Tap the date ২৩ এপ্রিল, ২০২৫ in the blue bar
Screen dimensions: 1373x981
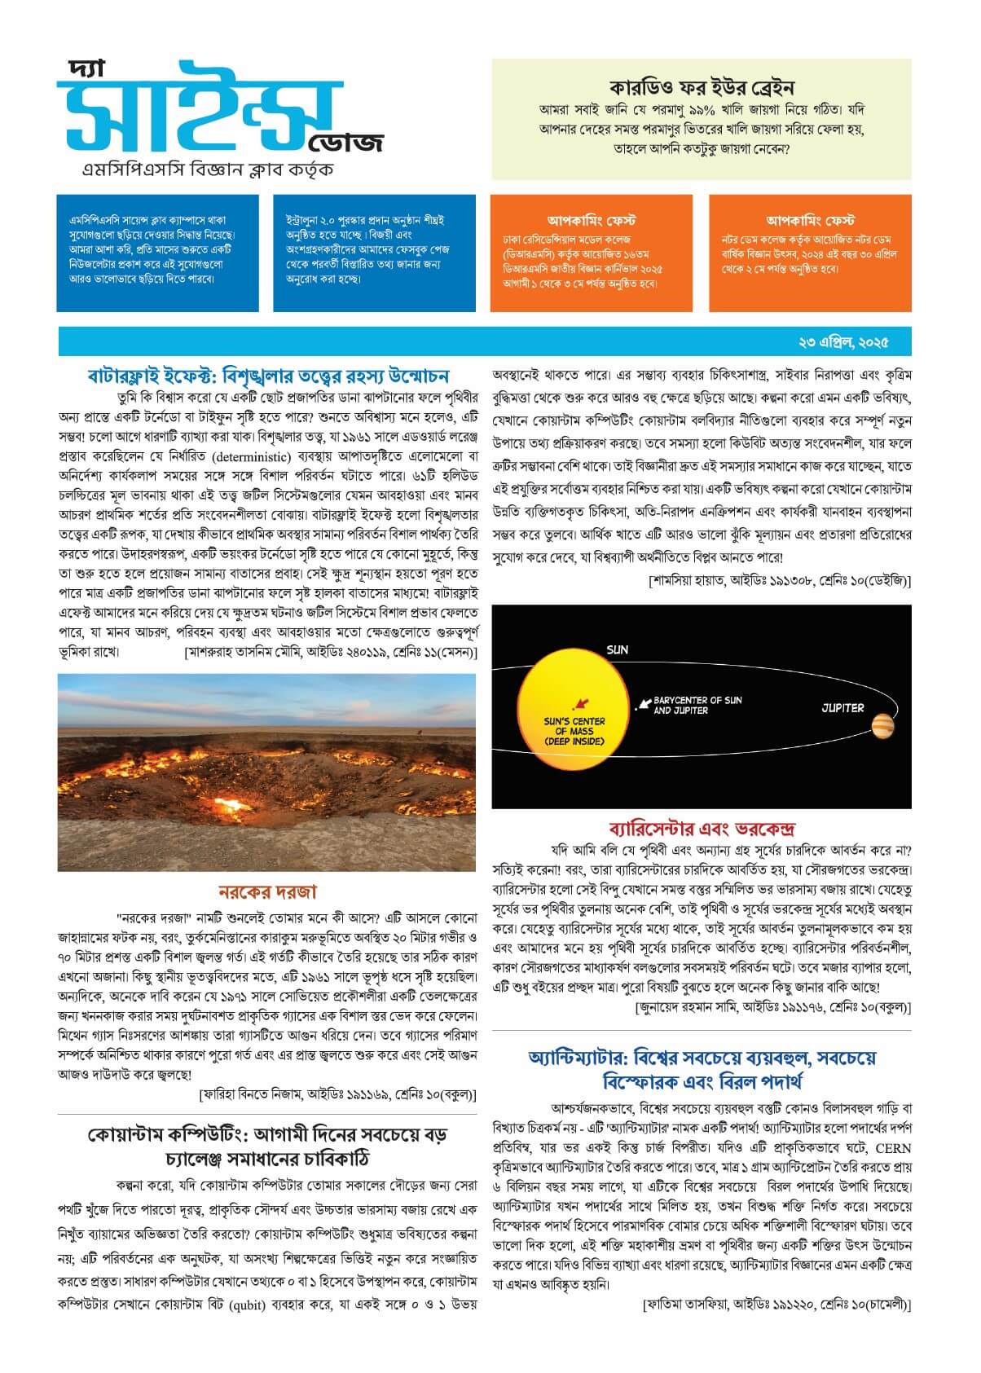coord(843,340)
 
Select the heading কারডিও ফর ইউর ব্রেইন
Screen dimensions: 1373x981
coord(702,88)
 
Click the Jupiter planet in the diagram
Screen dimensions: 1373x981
coord(882,725)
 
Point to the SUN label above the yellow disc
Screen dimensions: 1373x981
coord(617,650)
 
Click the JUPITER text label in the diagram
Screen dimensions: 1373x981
coord(842,707)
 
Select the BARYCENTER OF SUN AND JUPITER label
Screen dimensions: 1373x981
coord(697,705)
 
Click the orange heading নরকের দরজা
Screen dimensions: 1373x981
coord(267,891)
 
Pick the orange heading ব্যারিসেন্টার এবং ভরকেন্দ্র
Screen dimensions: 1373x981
coord(702,830)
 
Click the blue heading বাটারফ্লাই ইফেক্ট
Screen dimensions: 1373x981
coord(268,376)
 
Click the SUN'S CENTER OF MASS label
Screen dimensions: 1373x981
coord(574,731)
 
